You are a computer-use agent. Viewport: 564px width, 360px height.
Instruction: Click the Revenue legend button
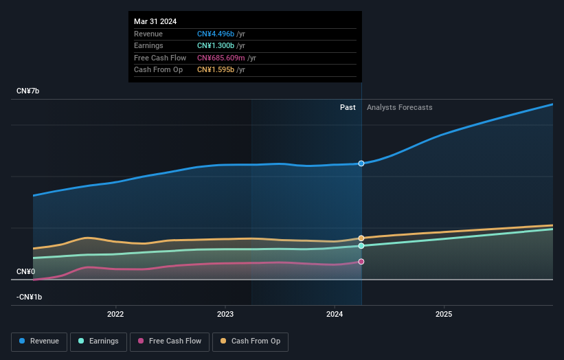[x=40, y=341]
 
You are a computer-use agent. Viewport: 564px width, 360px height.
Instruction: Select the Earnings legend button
[x=98, y=341]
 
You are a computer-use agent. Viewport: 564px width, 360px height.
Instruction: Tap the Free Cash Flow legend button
[x=170, y=341]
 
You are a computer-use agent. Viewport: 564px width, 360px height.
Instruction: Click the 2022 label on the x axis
[x=115, y=314]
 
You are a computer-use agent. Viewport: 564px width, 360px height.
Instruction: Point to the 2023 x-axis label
[x=225, y=314]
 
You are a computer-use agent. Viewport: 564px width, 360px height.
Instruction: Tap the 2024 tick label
[x=335, y=314]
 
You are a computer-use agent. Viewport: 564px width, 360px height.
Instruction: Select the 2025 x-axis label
[x=444, y=314]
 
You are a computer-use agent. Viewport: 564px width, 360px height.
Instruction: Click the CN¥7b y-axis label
[x=28, y=91]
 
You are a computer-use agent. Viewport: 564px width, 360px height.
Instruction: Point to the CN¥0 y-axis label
[x=26, y=272]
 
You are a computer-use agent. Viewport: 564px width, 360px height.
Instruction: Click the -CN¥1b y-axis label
[x=30, y=297]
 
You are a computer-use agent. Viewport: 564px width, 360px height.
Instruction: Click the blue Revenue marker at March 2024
[x=361, y=164]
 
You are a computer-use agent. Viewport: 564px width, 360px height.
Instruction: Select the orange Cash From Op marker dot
[x=361, y=238]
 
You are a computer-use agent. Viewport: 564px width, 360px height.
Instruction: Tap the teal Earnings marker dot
[x=361, y=245]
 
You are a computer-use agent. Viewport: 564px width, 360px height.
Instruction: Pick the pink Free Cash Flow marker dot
[x=361, y=262]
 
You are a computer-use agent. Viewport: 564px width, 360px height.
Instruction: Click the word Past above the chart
[x=348, y=107]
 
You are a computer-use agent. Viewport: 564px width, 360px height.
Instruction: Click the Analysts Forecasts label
[x=400, y=107]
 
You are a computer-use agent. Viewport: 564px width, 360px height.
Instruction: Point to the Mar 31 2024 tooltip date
[x=155, y=21]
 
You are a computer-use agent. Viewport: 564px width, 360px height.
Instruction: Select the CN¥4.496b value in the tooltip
[x=216, y=34]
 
